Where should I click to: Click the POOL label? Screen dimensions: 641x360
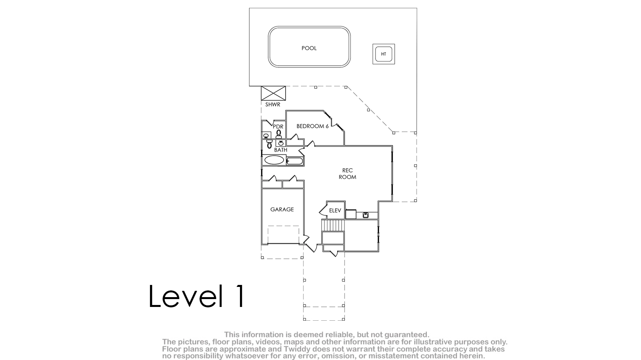click(x=309, y=48)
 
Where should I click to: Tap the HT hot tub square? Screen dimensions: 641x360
click(x=383, y=54)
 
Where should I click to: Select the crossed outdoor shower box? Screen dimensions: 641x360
click(x=273, y=93)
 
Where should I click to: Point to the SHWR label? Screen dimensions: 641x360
click(x=273, y=105)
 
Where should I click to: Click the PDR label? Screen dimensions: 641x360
click(x=278, y=126)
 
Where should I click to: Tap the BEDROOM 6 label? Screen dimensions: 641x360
click(x=313, y=126)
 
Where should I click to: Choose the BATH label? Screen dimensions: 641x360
click(x=281, y=150)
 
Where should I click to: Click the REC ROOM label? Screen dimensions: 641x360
click(x=347, y=174)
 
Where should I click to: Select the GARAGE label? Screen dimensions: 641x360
click(x=282, y=209)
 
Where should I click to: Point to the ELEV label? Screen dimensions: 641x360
click(x=335, y=211)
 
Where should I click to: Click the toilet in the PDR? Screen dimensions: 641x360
click(x=278, y=134)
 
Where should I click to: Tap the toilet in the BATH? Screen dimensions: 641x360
click(x=269, y=144)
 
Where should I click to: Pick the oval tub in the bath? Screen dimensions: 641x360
click(x=274, y=160)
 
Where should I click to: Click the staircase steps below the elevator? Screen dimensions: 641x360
click(x=333, y=225)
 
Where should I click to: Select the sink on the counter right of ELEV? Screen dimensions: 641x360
click(x=365, y=215)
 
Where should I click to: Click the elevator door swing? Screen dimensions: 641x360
click(x=323, y=209)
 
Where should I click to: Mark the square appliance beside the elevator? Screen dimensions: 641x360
click(x=351, y=214)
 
